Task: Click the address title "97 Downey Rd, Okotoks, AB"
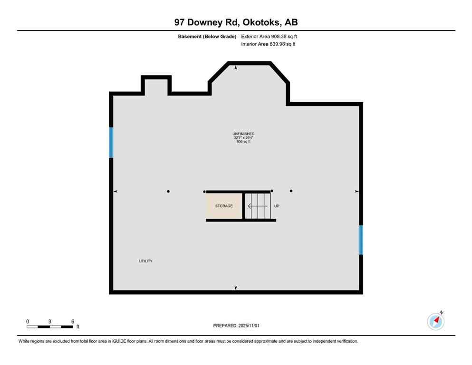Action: [236, 22]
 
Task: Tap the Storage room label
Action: [224, 206]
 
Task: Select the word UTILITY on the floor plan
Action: [145, 261]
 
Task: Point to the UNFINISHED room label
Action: [243, 134]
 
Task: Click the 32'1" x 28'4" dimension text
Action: [243, 138]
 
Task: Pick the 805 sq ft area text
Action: [243, 142]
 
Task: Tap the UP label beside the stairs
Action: [277, 206]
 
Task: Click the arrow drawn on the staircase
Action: [257, 206]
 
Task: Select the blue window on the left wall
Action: [111, 142]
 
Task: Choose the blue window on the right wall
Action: [361, 240]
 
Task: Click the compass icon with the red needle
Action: [435, 321]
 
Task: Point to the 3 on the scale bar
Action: [49, 322]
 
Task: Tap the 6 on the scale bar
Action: [73, 322]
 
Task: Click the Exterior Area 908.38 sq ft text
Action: [269, 36]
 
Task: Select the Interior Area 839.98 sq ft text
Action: [268, 44]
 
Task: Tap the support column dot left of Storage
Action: [168, 192]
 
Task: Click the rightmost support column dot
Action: [291, 191]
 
